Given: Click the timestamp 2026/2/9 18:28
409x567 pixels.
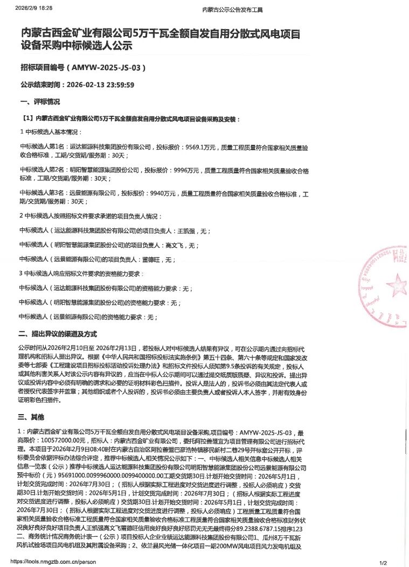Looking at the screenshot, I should pyautogui.click(x=34, y=9).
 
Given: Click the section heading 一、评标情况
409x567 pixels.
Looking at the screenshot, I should pyautogui.click(x=40, y=101).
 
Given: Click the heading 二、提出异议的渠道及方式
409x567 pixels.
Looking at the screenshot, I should pyautogui.click(x=57, y=333).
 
